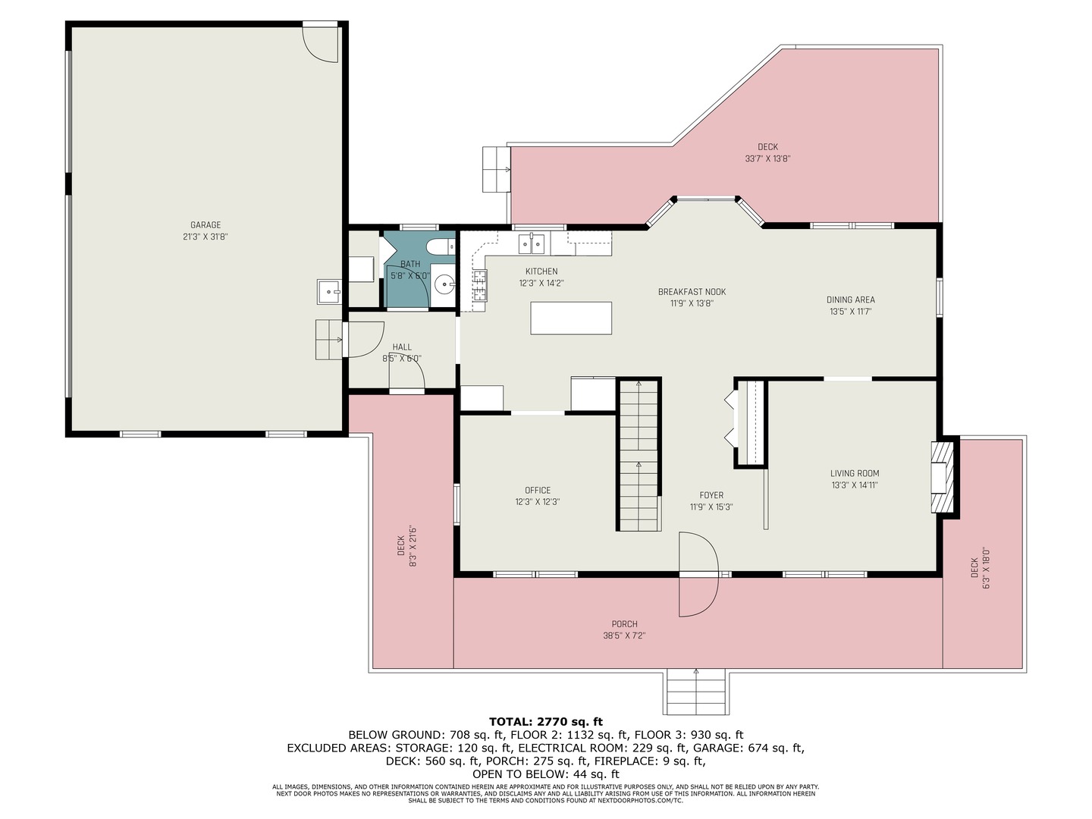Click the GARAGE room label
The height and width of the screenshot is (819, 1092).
coord(206,224)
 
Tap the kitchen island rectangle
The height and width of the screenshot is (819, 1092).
coord(570,318)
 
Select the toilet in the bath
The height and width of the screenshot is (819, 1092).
coord(441,246)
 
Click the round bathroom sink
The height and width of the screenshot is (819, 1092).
coord(444,285)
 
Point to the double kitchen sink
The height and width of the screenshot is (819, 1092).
coord(532,243)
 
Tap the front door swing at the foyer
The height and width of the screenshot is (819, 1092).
coord(698,574)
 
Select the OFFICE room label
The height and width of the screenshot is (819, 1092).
coord(538,491)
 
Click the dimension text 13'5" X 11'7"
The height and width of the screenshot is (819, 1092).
coord(850,312)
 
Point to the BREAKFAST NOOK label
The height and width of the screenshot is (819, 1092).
coord(692,292)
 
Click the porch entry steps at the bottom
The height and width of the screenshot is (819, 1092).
coord(696,692)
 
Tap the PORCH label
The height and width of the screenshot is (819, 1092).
coord(624,623)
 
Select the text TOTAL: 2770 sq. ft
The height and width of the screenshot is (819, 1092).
coord(546,721)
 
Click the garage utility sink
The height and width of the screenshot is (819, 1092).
coord(329,292)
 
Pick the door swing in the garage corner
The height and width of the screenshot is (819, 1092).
coord(321,43)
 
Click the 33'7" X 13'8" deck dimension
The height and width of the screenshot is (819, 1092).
coord(767,159)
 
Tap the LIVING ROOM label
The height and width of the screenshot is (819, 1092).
coord(855,473)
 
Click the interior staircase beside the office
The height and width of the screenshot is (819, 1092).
coord(639,454)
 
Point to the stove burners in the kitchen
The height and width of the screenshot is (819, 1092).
coord(479,285)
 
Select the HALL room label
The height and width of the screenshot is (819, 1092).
coord(402,347)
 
